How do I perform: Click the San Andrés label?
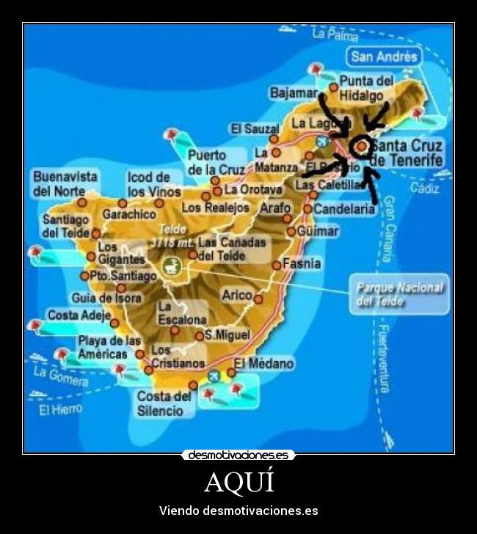[384, 56]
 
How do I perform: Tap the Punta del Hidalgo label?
[365, 88]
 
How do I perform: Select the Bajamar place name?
[294, 94]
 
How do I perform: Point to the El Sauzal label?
[255, 128]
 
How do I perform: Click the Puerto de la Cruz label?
[216, 162]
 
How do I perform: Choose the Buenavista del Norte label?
[65, 183]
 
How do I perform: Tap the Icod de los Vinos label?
[153, 184]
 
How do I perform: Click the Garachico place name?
[129, 214]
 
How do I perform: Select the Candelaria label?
[344, 209]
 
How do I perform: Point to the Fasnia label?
[302, 263]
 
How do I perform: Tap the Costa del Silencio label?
[164, 403]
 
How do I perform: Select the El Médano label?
[263, 364]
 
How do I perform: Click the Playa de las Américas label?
[108, 347]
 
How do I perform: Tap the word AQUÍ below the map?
[238, 482]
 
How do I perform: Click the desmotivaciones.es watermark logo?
[238, 455]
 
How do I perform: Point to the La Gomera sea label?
[60, 376]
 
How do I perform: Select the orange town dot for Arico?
[258, 299]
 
